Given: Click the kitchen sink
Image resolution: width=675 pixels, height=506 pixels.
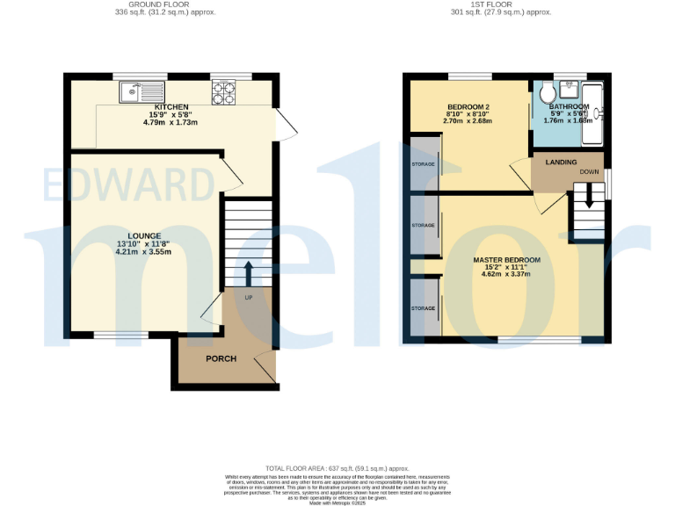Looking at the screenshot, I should coord(141,89).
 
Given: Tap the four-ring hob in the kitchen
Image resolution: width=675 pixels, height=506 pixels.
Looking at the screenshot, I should coord(222,89).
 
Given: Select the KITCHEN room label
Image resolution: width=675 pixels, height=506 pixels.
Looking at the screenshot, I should coord(171,106).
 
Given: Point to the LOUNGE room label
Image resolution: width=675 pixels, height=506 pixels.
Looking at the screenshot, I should coord(144,235).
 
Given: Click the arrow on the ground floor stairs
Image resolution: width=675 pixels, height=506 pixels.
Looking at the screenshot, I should coord(248,272).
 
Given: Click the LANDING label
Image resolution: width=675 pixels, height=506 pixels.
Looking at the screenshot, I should coord(561,163).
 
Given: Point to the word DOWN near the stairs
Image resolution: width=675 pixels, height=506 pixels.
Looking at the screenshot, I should coord(589,173).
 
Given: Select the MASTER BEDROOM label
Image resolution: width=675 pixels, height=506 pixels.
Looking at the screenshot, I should coord(506,261).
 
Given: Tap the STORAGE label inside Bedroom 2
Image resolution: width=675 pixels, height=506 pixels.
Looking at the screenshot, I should coord(424,164).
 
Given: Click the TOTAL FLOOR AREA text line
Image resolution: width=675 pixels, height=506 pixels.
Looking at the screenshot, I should coord(337,470).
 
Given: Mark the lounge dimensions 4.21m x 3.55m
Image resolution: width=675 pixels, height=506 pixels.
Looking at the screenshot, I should coord(144,252).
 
